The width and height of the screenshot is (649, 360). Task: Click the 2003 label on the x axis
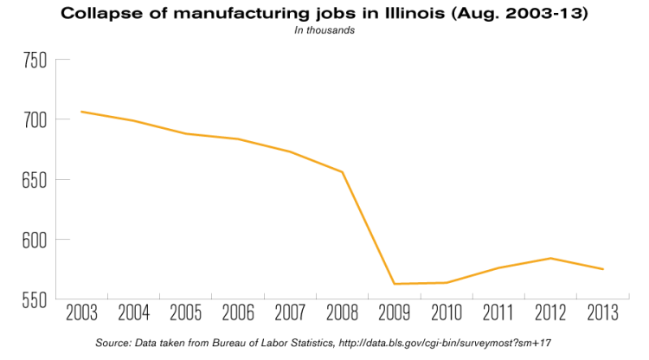(x=81, y=312)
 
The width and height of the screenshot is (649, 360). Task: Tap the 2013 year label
(x=602, y=312)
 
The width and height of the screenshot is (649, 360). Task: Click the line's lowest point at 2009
(x=394, y=284)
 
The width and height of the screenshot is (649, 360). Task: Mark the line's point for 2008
(x=342, y=171)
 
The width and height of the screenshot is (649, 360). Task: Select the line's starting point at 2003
(x=81, y=112)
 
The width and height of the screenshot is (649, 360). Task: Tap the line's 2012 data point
(x=550, y=258)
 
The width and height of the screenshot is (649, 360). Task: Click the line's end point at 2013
(x=602, y=269)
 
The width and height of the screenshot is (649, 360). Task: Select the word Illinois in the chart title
(x=415, y=14)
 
